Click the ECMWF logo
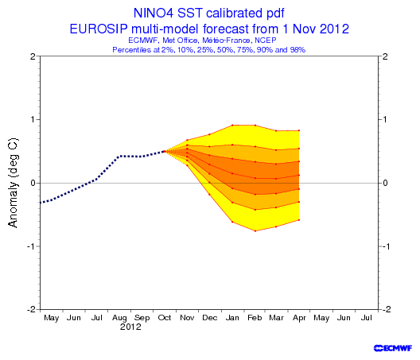tap(393, 348)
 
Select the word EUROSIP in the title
tap(99, 29)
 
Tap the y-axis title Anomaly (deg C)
tap(13, 183)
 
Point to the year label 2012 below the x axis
tap(130, 327)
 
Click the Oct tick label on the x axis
tap(165, 318)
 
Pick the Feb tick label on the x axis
tap(255, 318)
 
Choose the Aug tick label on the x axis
tap(119, 318)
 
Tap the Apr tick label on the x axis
tap(299, 318)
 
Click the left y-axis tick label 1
tap(33, 119)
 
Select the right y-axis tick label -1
tap(386, 246)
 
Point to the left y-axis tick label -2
tap(31, 309)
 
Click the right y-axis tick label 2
tap(385, 56)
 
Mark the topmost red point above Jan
tap(232, 125)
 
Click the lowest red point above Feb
tap(255, 231)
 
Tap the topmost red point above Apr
tap(299, 130)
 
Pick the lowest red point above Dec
tap(209, 195)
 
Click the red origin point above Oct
tap(165, 151)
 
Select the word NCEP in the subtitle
tap(266, 41)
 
